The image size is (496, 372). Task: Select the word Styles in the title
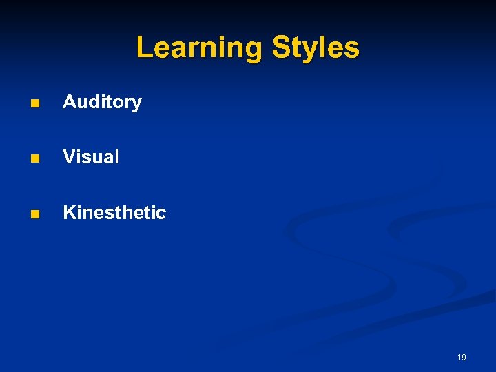point(316,48)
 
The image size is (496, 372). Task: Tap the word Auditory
point(102,103)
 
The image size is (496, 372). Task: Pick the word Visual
point(91,157)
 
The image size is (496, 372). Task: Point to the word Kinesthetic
point(114,212)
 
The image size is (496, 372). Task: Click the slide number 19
point(462,358)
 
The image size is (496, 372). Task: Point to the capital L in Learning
point(144,48)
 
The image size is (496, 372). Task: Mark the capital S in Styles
point(282,48)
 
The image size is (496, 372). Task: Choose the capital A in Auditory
point(70,103)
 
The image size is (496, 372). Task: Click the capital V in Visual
point(69,157)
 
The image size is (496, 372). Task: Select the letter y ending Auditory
point(137,105)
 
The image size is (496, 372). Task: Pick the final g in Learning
point(256,51)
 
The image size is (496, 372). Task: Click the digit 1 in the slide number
point(459,358)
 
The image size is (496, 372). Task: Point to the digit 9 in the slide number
point(464,358)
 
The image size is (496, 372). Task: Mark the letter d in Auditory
point(92,103)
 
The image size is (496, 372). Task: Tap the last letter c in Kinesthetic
point(162,214)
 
